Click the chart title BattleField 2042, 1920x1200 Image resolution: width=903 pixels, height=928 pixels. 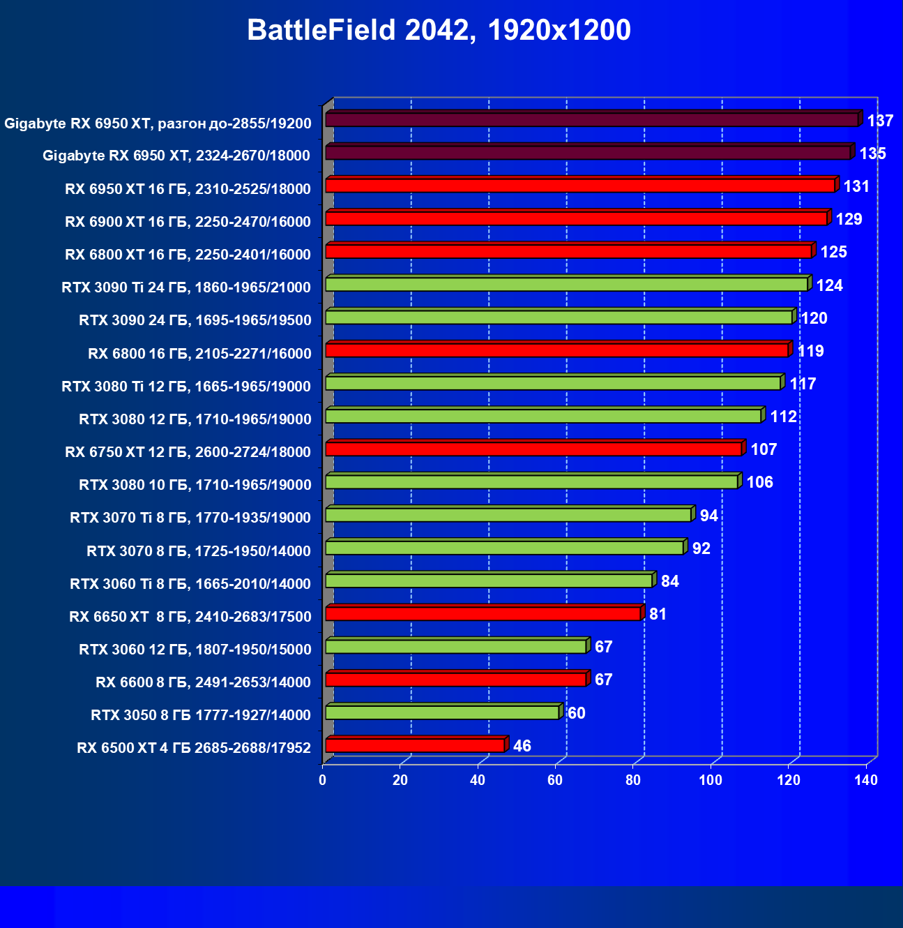[x=439, y=31]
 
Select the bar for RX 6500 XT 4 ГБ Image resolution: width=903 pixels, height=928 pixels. [x=415, y=745]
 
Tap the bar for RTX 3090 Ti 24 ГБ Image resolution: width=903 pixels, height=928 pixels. [x=566, y=284]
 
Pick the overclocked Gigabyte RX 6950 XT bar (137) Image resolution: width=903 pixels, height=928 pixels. [x=591, y=119]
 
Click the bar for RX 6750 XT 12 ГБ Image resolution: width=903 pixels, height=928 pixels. [x=533, y=449]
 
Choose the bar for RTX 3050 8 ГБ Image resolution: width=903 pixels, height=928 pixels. [x=442, y=712]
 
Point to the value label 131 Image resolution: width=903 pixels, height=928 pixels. [x=856, y=186]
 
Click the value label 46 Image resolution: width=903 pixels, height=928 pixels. [x=522, y=746]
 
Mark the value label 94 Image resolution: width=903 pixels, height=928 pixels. [x=708, y=516]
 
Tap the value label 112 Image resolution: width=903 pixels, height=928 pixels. [x=783, y=417]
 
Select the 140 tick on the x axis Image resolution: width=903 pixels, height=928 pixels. [x=866, y=780]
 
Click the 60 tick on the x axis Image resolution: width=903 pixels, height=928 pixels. [x=555, y=780]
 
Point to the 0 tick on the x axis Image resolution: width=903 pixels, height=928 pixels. [x=323, y=780]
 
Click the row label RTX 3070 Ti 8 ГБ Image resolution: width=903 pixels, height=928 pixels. [x=190, y=518]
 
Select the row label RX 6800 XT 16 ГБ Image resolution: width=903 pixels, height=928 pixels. [x=188, y=255]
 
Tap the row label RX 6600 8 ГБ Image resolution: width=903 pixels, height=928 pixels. [x=203, y=682]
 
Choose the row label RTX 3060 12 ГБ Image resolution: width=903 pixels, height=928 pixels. [x=195, y=650]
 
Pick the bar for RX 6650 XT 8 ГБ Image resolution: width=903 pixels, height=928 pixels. [x=483, y=613]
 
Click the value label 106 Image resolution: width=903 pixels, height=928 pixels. [x=759, y=482]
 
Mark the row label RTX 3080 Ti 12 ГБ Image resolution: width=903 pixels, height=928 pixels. [x=186, y=387]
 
